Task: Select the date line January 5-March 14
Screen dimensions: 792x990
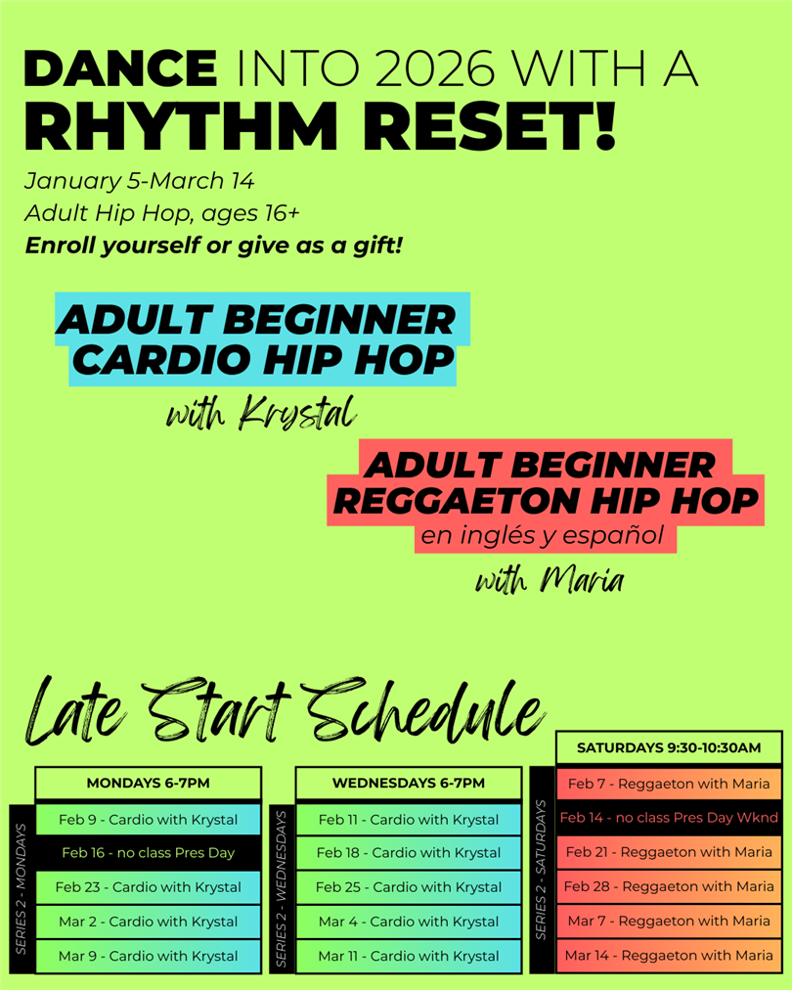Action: [139, 181]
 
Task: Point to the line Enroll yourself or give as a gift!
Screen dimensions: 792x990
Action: [213, 245]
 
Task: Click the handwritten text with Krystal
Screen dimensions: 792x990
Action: [261, 414]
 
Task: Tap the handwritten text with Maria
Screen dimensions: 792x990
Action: [550, 580]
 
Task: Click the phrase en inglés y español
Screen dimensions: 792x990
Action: [543, 535]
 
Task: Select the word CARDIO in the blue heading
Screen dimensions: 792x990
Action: [161, 360]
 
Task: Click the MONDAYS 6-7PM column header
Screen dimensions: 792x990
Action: [149, 783]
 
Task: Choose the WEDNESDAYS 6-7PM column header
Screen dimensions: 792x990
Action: [409, 783]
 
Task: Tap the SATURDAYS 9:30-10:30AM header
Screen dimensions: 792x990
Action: [669, 747]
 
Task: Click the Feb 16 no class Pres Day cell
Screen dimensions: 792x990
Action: [149, 853]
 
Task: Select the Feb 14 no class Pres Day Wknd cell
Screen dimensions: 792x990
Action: [669, 818]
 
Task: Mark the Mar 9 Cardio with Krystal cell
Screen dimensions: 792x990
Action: [149, 956]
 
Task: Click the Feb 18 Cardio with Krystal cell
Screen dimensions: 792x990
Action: [409, 853]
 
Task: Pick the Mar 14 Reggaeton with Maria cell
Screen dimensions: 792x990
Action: [669, 956]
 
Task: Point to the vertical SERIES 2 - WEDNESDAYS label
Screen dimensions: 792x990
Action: [282, 888]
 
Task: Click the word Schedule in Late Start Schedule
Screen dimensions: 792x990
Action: [425, 710]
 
